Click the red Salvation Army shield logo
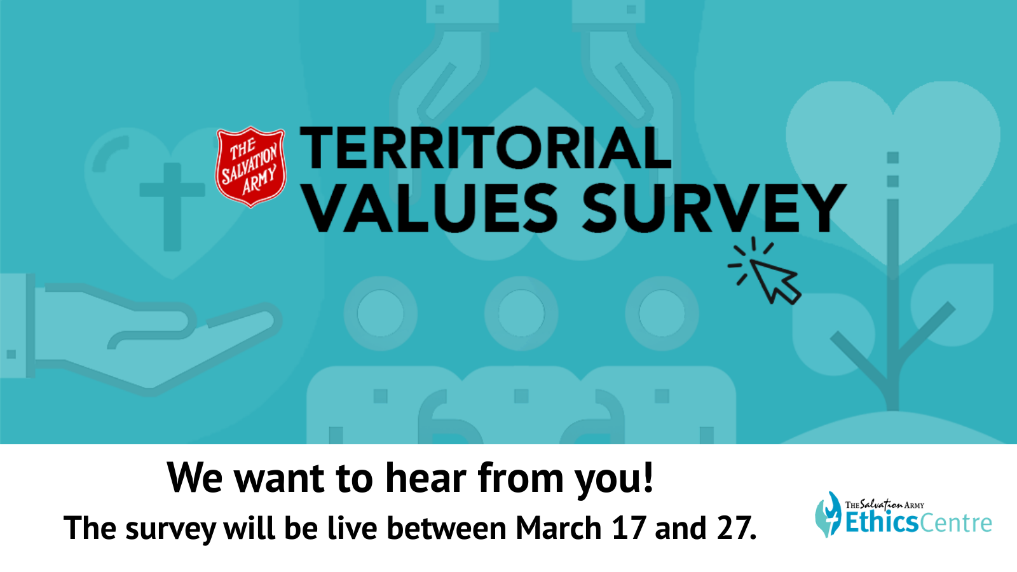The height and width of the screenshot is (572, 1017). [x=250, y=167]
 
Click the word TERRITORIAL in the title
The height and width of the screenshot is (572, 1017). [x=485, y=149]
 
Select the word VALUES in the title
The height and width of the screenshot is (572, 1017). [x=431, y=208]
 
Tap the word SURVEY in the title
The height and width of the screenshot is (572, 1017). [x=714, y=208]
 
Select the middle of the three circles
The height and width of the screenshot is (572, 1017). [x=521, y=313]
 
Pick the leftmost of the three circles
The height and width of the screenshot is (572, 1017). [x=381, y=313]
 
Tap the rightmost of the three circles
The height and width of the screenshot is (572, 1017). [x=662, y=313]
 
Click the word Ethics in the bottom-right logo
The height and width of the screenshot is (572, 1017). [x=881, y=522]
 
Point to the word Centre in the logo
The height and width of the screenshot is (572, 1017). [x=955, y=523]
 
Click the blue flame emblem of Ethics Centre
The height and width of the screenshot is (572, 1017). [x=828, y=515]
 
